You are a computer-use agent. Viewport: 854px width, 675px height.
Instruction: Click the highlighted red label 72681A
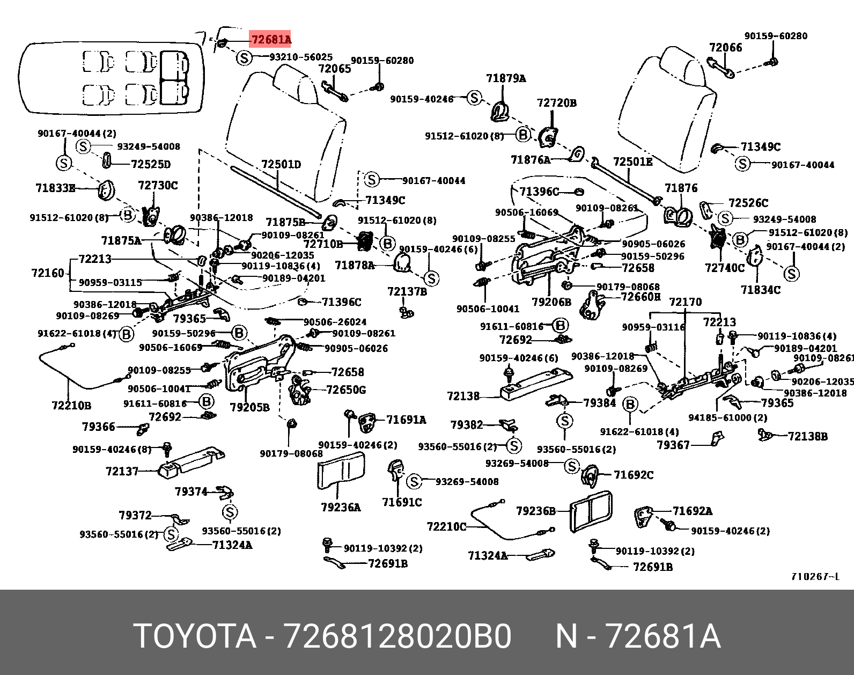click(270, 40)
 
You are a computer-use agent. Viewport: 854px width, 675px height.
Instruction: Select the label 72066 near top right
click(725, 48)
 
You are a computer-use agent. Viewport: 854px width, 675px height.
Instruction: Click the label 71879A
click(505, 78)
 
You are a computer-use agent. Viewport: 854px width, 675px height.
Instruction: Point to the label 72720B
click(556, 103)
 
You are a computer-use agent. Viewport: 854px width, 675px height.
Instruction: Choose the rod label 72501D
click(281, 164)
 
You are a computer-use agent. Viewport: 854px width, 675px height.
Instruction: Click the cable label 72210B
click(71, 405)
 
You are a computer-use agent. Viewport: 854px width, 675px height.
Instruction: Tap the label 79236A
click(341, 507)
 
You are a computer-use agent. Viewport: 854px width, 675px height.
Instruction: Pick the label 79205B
click(249, 407)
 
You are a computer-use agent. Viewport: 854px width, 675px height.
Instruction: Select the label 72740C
click(725, 268)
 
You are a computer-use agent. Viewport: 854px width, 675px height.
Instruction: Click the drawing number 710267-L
click(815, 577)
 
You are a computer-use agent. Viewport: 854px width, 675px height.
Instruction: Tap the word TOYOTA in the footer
click(195, 636)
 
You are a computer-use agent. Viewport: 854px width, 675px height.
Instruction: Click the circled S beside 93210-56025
click(244, 57)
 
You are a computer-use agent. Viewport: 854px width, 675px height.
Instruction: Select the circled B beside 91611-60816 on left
click(206, 402)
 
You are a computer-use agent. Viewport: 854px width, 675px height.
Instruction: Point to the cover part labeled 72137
click(190, 461)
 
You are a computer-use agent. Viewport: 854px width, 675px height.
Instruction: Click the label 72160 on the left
click(48, 273)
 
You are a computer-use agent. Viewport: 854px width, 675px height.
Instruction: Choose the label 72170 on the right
click(686, 302)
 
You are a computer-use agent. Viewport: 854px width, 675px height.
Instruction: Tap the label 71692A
click(693, 511)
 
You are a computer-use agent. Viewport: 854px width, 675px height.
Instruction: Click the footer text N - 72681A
click(637, 636)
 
